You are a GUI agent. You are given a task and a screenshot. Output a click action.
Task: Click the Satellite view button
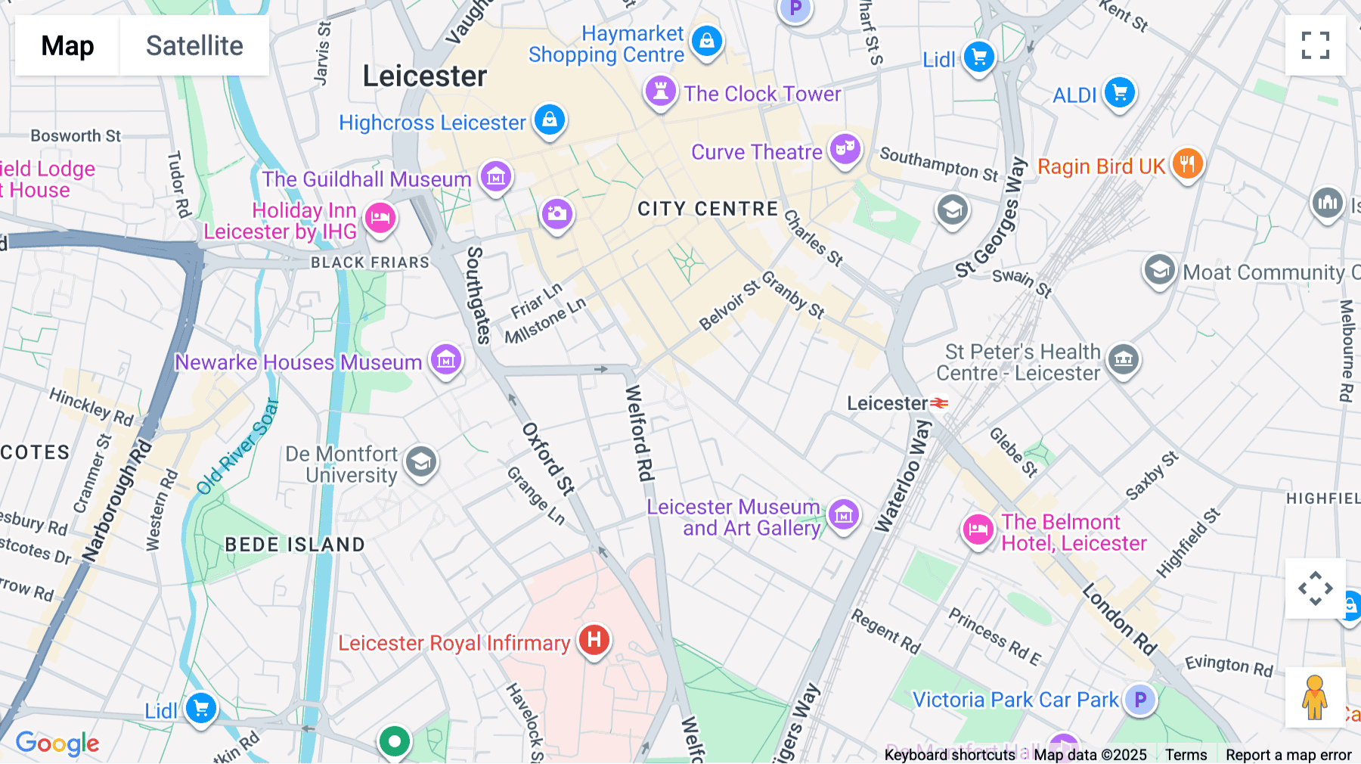tap(194, 46)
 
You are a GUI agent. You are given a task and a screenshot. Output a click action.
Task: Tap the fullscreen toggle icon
tap(1315, 45)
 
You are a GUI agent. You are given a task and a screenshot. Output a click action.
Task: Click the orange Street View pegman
tap(1315, 697)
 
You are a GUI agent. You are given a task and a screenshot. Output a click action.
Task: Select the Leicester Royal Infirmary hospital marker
tap(594, 640)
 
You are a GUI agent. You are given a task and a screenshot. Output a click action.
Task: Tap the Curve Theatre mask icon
tap(845, 149)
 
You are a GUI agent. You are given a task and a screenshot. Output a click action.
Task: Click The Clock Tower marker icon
tap(660, 92)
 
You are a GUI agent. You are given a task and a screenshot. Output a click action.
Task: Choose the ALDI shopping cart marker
tap(1119, 93)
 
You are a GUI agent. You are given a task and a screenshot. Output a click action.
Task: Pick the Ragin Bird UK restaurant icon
tap(1187, 163)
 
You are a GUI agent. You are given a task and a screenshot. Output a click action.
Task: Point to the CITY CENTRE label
tap(708, 209)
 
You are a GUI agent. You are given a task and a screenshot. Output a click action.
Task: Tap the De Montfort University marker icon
tap(421, 461)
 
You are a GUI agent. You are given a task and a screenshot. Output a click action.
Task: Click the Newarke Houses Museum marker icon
tap(446, 360)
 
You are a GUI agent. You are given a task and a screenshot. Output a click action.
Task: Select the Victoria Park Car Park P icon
tap(1139, 700)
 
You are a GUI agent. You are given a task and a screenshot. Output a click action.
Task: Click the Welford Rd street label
tap(639, 433)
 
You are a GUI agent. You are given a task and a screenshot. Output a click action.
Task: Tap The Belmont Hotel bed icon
tap(978, 530)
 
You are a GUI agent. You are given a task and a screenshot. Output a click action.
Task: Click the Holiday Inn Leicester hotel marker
tap(380, 219)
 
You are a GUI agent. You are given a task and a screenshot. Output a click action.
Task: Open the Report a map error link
tap(1288, 755)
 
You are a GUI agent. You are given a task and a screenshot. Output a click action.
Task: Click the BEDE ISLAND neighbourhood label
tap(295, 545)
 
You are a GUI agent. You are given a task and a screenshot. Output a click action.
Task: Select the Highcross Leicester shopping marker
tap(550, 120)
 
